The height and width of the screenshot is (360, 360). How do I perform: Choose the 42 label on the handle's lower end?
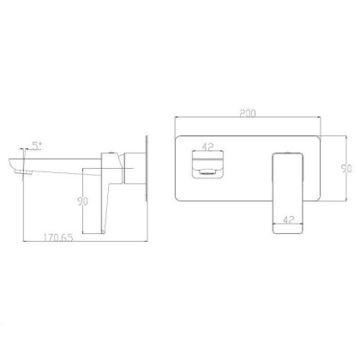[x=289, y=219]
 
